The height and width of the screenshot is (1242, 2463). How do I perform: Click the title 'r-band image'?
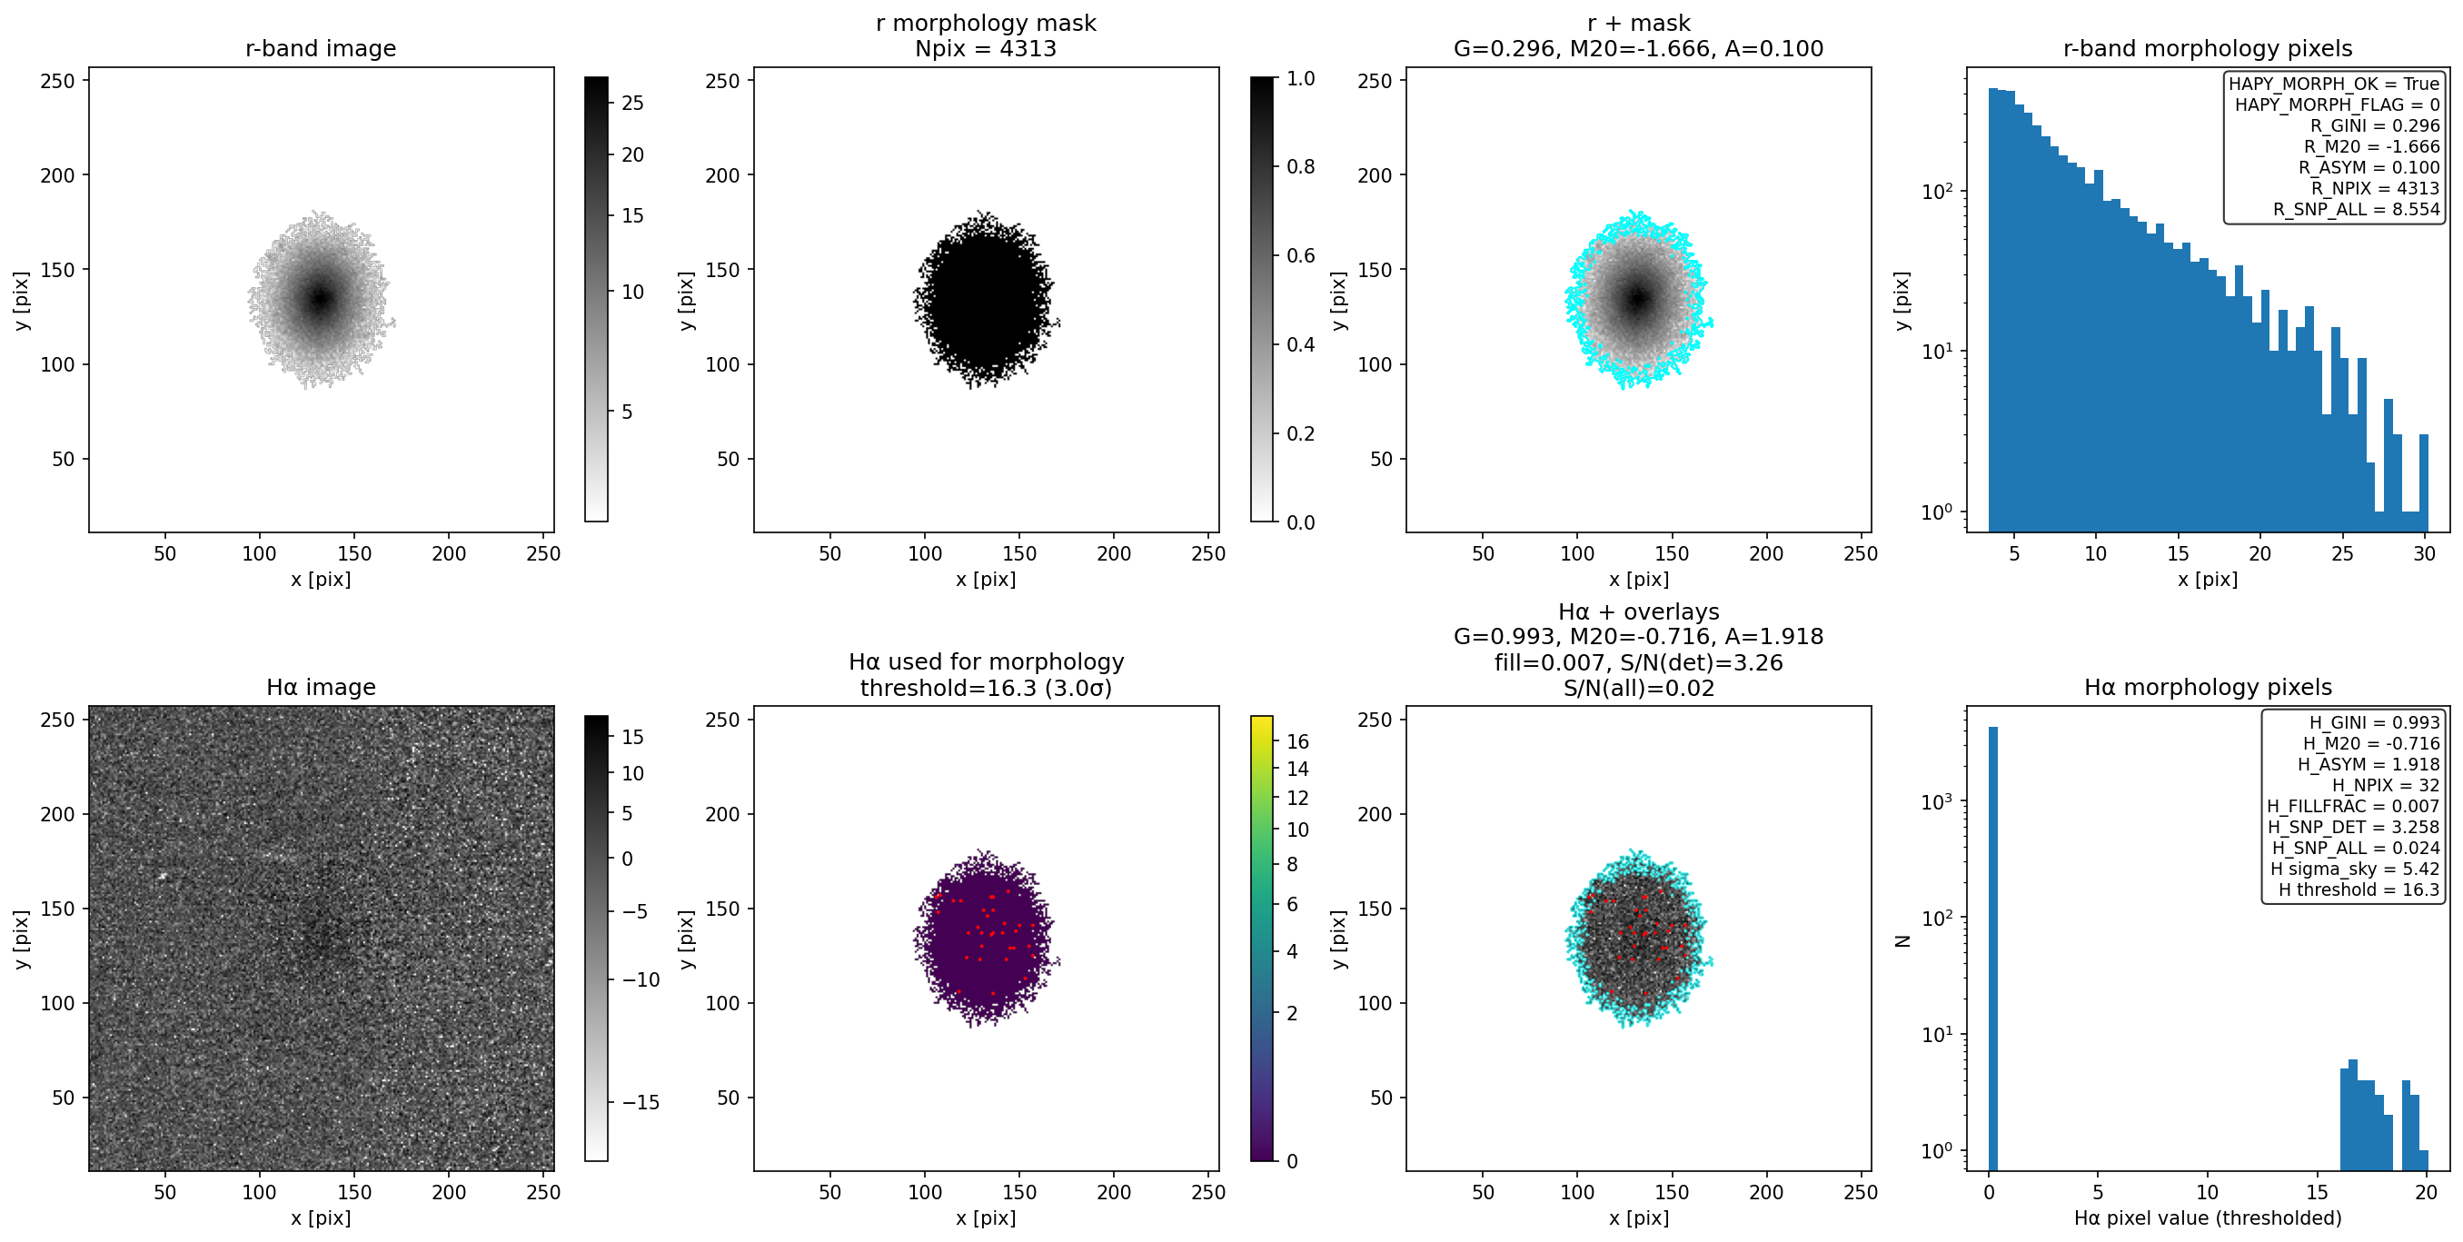[x=321, y=49]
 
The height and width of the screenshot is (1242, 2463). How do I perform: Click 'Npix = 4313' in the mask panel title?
[x=985, y=49]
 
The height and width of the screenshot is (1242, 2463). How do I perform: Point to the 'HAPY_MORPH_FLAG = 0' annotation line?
[x=2337, y=105]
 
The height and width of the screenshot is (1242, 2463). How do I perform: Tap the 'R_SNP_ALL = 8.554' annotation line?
[x=2356, y=209]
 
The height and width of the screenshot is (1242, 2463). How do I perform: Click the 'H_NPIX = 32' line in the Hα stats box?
[x=2386, y=785]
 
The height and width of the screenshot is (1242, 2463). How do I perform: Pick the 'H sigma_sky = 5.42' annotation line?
[x=2355, y=869]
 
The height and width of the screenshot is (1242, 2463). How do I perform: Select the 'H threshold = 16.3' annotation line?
[x=2359, y=890]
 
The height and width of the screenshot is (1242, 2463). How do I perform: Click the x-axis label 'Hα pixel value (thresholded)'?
[x=2207, y=1218]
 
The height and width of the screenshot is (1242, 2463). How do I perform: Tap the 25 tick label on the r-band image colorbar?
[x=633, y=104]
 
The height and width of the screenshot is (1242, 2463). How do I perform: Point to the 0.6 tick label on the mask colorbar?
[x=1300, y=255]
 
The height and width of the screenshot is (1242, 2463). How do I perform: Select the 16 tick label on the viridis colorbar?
[x=1297, y=742]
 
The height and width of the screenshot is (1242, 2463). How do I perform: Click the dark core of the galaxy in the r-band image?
[x=321, y=299]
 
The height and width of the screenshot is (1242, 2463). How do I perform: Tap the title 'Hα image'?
[x=321, y=688]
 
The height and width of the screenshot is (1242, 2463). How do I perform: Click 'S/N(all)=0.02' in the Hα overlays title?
[x=1638, y=689]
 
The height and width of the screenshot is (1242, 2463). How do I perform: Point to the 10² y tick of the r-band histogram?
[x=1940, y=191]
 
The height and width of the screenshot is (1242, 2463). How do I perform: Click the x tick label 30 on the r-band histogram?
[x=2424, y=553]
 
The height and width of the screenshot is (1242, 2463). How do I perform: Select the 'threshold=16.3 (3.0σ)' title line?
[x=985, y=689]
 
